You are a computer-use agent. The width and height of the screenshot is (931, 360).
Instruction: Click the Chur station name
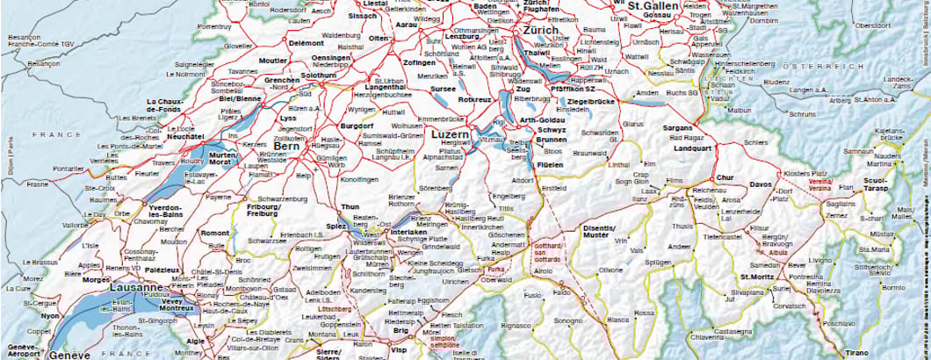tap(725, 177)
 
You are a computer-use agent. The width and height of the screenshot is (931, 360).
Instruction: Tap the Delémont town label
tap(307, 42)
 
